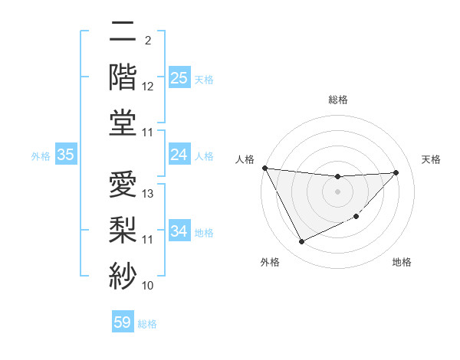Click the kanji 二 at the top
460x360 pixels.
pos(123,34)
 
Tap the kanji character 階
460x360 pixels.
pos(123,78)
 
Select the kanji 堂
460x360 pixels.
pos(123,122)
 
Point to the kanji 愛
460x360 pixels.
pos(123,184)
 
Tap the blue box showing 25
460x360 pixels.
pos(179,78)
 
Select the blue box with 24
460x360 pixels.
pos(179,155)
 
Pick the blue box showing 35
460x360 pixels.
pos(66,155)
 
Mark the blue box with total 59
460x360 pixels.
pos(122,322)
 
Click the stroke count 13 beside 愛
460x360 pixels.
pos(149,194)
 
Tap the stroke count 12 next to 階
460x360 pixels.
pos(149,87)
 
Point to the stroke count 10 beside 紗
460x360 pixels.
pos(149,286)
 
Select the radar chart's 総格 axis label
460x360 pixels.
pos(338,100)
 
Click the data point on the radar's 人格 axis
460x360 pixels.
pos(265,168)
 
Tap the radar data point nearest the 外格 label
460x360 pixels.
pos(301,242)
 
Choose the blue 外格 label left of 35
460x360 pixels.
pos(41,156)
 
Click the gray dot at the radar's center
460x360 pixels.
pos(337,192)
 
